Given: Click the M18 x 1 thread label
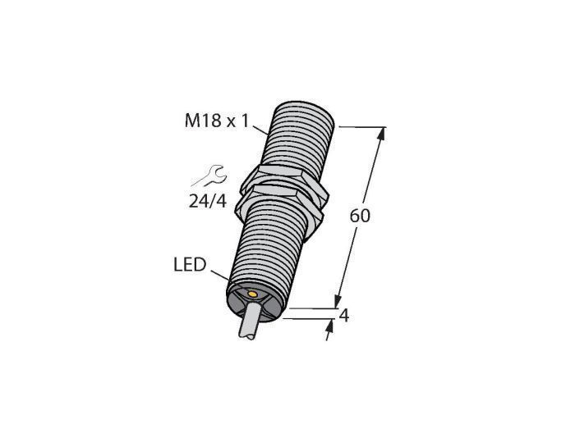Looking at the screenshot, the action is [217, 121].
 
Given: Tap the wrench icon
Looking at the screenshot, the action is [209, 176].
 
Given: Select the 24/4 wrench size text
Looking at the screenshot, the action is [208, 201].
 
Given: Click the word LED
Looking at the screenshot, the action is [190, 265].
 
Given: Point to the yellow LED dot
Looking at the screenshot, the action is [252, 294].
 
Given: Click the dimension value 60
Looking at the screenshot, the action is [360, 216].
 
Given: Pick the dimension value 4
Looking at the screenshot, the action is [343, 316].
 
